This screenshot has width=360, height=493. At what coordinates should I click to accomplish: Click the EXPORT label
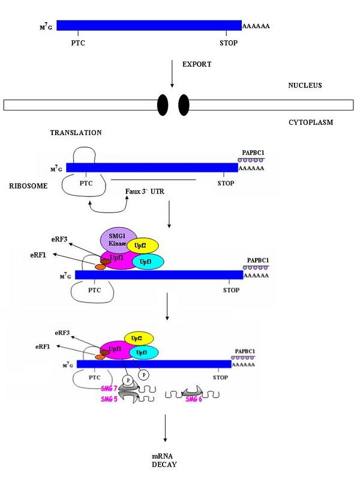point(197,64)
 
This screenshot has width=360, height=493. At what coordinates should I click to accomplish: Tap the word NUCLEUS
point(305,85)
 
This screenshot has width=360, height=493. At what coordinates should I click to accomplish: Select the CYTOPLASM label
point(311,122)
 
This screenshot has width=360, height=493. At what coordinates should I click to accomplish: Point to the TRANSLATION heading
point(76,133)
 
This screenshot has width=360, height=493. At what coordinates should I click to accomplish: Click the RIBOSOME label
point(28,186)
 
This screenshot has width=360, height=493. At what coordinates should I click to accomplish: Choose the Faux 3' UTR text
point(145,192)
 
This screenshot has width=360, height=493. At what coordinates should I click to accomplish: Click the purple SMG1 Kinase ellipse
point(118,240)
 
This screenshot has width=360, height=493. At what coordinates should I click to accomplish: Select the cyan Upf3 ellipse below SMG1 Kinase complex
point(147,262)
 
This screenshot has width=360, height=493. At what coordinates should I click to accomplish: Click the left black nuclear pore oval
point(163,105)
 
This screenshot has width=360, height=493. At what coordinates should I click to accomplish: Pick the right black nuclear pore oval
point(184,105)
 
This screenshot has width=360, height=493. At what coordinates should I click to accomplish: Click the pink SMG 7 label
point(109,389)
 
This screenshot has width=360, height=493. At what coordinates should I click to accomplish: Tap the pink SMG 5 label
point(109,399)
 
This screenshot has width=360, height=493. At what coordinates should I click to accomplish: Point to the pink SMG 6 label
point(194,399)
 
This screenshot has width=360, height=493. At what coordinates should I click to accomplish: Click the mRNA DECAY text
point(164,461)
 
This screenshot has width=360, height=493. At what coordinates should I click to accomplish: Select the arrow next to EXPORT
point(172,74)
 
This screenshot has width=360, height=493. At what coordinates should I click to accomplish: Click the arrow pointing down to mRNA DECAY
point(165,428)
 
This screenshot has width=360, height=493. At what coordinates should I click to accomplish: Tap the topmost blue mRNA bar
point(149,25)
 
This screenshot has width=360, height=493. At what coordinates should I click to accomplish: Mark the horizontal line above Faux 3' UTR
point(154,180)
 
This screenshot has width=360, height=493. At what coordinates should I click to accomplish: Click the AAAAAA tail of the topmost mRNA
point(256,26)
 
